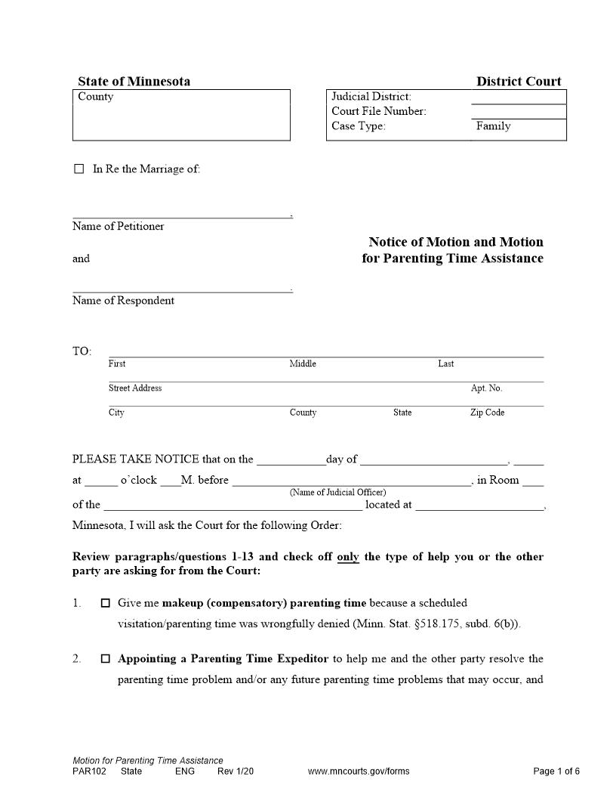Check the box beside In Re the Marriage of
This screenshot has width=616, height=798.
[x=79, y=169]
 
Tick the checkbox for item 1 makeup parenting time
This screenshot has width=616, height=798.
[x=106, y=603]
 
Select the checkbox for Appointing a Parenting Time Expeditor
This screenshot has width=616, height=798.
[x=106, y=659]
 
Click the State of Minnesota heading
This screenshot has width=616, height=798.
[x=134, y=82]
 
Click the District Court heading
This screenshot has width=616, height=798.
[x=519, y=82]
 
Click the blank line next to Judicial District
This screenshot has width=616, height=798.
[x=518, y=97]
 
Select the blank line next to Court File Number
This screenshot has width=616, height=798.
[x=518, y=113]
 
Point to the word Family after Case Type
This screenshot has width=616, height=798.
[x=493, y=126]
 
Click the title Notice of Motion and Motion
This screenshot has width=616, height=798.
[x=455, y=243]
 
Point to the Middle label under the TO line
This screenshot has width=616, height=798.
[x=303, y=364]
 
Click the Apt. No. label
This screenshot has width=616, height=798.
[x=486, y=388]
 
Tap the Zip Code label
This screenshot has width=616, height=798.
[x=487, y=413]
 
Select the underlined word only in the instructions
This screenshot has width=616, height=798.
[x=348, y=557]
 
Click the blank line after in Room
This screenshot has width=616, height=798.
[x=532, y=482]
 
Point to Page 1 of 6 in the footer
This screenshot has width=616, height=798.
[x=556, y=772]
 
